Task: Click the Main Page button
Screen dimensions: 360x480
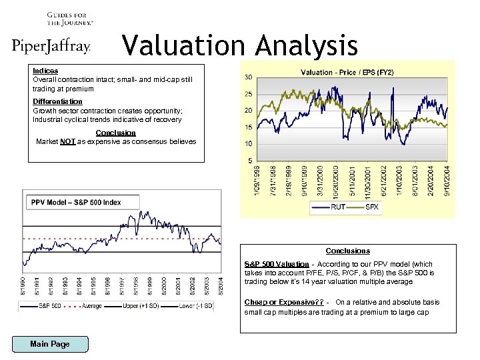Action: pyautogui.click(x=50, y=344)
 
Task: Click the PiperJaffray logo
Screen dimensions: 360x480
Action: pyautogui.click(x=51, y=46)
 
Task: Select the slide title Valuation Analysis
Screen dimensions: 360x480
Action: pyautogui.click(x=240, y=46)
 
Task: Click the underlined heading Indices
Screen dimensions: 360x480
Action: pyautogui.click(x=45, y=71)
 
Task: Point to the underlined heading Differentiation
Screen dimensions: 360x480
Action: pyautogui.click(x=57, y=101)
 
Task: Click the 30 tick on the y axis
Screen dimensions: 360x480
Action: pyautogui.click(x=248, y=77)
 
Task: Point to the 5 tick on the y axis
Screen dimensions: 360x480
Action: pyautogui.click(x=249, y=161)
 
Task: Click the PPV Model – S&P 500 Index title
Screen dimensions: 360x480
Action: pyautogui.click(x=76, y=202)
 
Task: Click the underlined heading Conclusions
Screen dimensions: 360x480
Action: pyautogui.click(x=347, y=251)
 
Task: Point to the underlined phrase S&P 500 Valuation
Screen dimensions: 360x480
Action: pyautogui.click(x=277, y=265)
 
